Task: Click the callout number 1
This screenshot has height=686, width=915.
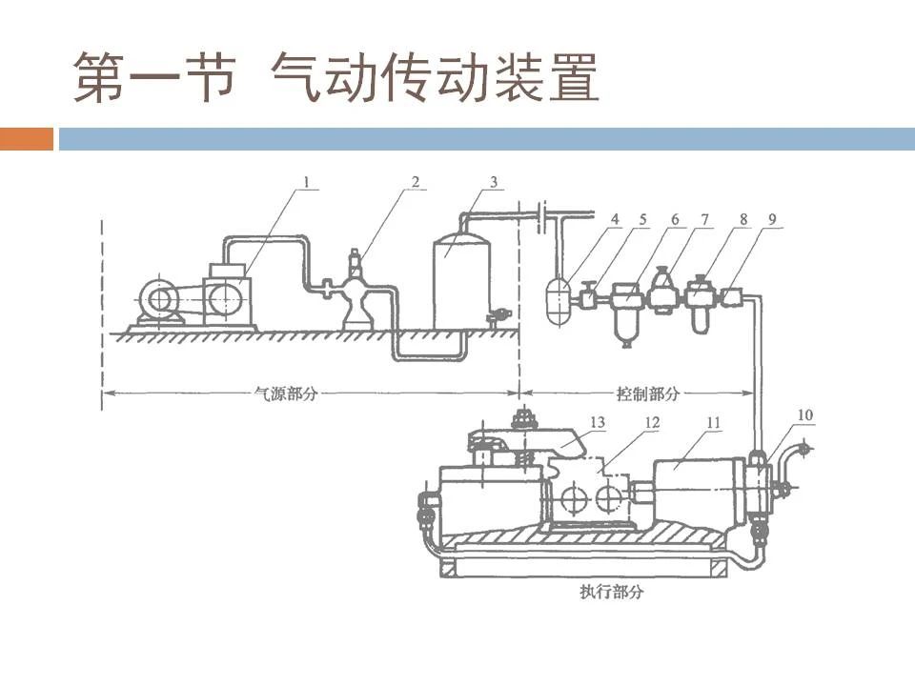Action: pyautogui.click(x=307, y=180)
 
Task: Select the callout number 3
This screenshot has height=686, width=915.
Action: pyautogui.click(x=493, y=180)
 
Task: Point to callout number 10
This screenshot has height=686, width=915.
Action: pyautogui.click(x=806, y=415)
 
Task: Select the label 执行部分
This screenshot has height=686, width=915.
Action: pyautogui.click(x=611, y=592)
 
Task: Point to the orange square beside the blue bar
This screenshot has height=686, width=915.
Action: pyautogui.click(x=27, y=139)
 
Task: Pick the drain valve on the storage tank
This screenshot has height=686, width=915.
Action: pyautogui.click(x=497, y=315)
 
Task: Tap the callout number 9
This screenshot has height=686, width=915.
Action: pyautogui.click(x=773, y=219)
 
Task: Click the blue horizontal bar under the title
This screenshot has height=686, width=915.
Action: pyautogui.click(x=486, y=139)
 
